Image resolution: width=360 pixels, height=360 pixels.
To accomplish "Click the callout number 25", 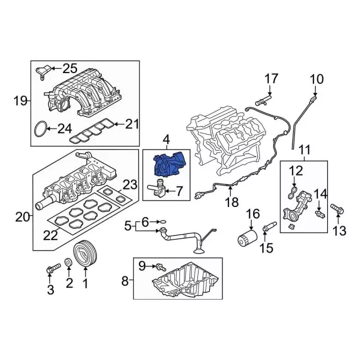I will (x=70, y=69).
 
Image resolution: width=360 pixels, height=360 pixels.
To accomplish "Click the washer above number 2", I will (x=68, y=262).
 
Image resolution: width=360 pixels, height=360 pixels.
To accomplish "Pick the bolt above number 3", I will (x=49, y=269).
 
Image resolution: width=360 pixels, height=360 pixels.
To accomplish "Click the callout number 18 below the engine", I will (x=232, y=202).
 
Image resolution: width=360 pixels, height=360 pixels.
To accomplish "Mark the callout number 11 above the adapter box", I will (x=304, y=150).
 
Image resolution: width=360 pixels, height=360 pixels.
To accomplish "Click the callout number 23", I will (x=129, y=184).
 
